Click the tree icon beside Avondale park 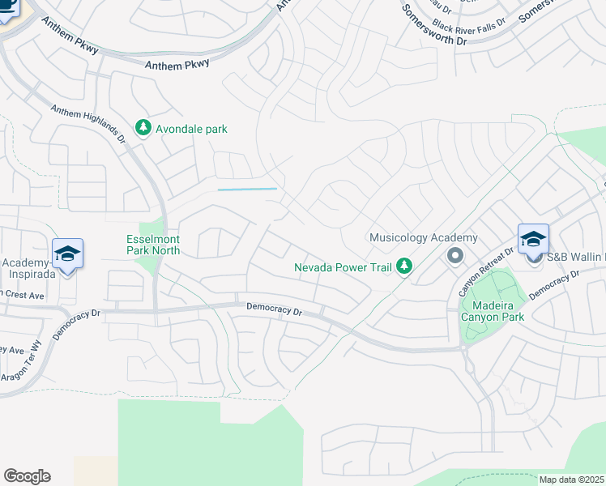coord(143,128)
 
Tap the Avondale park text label coord(192,129)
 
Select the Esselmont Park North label coord(153,245)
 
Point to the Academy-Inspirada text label coord(31,268)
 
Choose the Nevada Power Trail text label coord(343,266)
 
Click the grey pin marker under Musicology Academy coord(454,256)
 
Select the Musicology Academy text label coord(423,237)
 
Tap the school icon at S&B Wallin coord(533,239)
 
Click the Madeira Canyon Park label coord(492,309)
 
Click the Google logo coord(27,476)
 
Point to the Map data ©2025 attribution coord(571,480)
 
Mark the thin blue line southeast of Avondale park coord(247,189)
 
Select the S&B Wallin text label coord(576,258)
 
